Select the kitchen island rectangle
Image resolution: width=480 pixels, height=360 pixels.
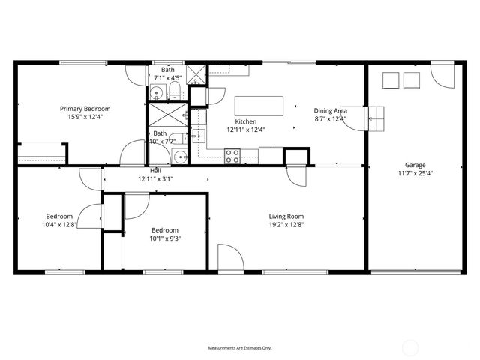coord(260,105)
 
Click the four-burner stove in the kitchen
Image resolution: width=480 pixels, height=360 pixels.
coord(233,156)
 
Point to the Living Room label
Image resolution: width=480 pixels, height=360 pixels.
coord(286,217)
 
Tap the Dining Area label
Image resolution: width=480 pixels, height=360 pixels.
coord(330,109)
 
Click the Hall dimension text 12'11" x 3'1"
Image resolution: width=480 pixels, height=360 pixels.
coord(155,179)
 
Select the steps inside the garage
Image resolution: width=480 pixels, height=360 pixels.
coord(375,117)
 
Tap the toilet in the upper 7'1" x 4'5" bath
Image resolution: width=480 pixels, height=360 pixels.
coord(174,92)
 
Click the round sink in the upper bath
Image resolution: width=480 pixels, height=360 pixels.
coord(156,94)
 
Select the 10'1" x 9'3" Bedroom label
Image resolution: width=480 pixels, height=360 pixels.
coord(165,230)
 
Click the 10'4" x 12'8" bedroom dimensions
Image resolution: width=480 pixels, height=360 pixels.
coord(60,223)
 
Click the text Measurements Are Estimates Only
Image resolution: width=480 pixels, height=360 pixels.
coord(239,348)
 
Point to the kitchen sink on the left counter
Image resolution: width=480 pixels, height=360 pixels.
coord(198,136)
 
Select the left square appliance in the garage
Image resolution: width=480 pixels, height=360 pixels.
coord(391,79)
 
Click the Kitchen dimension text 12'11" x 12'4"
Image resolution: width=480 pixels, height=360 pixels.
coord(246,130)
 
